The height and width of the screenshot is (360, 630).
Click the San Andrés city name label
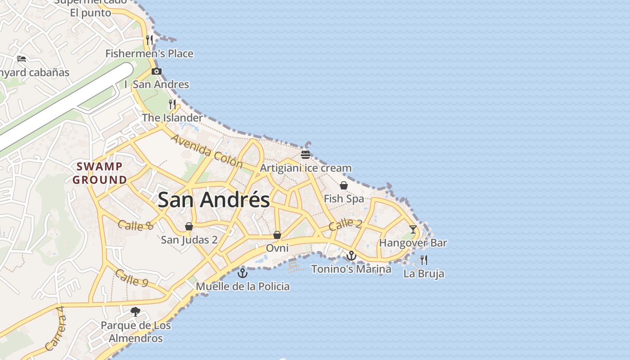(x=214, y=200)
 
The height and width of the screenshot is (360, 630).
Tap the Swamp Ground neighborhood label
(x=100, y=173)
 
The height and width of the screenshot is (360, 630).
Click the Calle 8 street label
(x=135, y=225)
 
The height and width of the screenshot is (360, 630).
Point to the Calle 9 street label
(x=131, y=277)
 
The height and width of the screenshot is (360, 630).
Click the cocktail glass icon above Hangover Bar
(x=413, y=229)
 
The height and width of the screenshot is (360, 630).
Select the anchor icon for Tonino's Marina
(x=351, y=256)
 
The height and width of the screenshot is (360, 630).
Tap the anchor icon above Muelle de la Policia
(x=243, y=273)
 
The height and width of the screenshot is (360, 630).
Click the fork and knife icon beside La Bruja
(x=423, y=260)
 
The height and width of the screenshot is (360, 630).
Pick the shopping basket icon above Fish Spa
(x=344, y=185)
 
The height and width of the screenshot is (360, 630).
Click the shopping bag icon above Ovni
(x=277, y=235)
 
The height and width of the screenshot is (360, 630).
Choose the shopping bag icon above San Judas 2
(x=189, y=226)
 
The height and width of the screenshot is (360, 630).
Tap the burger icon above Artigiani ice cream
(x=306, y=155)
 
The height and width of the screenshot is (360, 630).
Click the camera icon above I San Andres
(x=157, y=71)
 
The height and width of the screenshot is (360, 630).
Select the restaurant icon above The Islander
(x=172, y=104)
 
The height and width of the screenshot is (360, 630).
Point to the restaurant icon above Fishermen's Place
(x=149, y=40)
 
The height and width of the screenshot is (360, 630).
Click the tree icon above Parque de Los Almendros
(x=135, y=311)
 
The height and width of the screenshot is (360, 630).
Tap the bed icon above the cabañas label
(x=21, y=58)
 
